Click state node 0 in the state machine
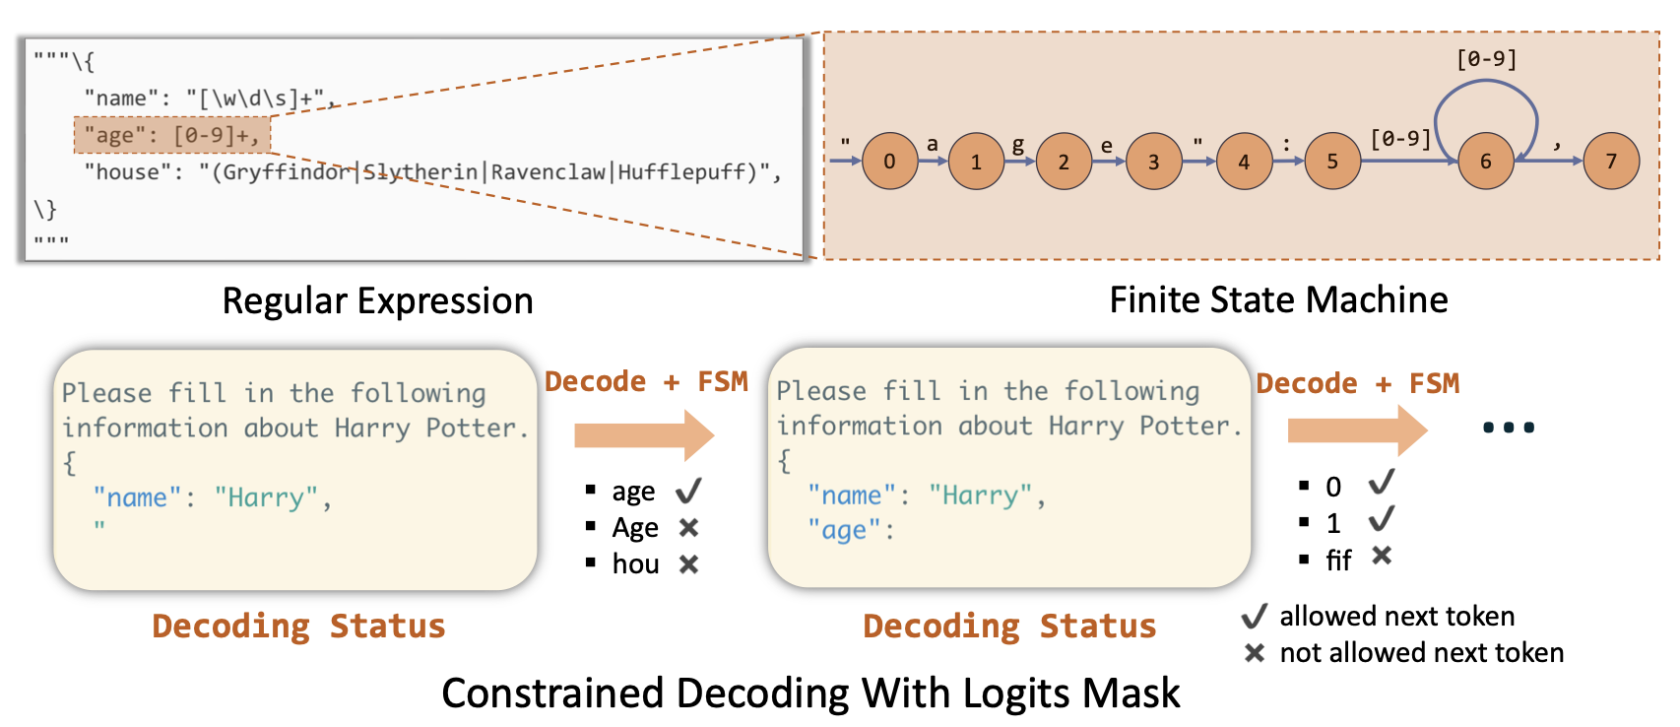(x=889, y=161)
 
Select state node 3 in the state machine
(x=1153, y=161)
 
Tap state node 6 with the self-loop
(x=1485, y=161)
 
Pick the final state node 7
(x=1611, y=161)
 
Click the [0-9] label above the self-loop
(x=1486, y=59)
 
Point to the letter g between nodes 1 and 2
(x=1018, y=145)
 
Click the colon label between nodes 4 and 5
(x=1286, y=144)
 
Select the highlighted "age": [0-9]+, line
(x=172, y=135)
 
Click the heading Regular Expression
(x=377, y=300)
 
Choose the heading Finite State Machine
(x=1278, y=299)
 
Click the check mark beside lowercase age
(x=688, y=491)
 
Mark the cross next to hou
(x=688, y=564)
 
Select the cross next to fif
(x=1382, y=557)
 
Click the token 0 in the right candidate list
(x=1333, y=487)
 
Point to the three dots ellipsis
(x=1508, y=428)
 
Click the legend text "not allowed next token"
(x=1421, y=652)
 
